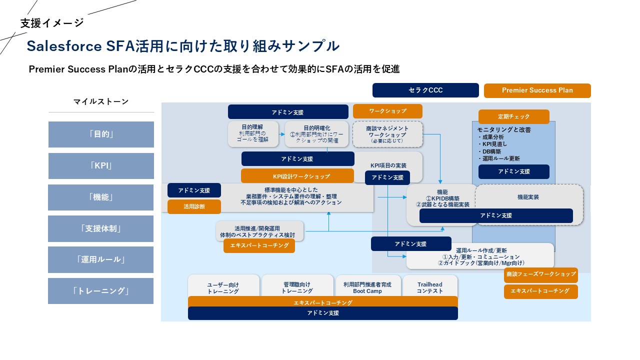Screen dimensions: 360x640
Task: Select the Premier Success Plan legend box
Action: pyautogui.click(x=537, y=90)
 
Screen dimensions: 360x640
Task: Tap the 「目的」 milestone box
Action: pyautogui.click(x=101, y=134)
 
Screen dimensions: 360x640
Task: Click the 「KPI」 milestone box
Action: pyautogui.click(x=101, y=166)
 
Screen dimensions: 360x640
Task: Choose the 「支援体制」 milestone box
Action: pyautogui.click(x=101, y=228)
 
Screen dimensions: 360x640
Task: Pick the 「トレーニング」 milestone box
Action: pyautogui.click(x=101, y=291)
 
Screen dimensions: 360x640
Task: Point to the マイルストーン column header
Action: pyautogui.click(x=101, y=102)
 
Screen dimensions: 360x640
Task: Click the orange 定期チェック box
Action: pyautogui.click(x=513, y=116)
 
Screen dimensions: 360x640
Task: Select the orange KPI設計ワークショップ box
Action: pyautogui.click(x=297, y=176)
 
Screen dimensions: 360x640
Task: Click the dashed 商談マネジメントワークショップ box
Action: pyautogui.click(x=387, y=134)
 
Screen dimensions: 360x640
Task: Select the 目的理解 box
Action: pyautogui.click(x=252, y=133)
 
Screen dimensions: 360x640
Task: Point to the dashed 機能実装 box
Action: pyautogui.click(x=528, y=197)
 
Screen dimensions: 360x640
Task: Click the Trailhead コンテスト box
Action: pyautogui.click(x=430, y=287)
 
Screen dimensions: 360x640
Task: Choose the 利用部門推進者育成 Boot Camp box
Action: pyautogui.click(x=367, y=287)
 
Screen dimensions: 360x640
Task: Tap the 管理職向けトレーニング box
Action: pyautogui.click(x=297, y=287)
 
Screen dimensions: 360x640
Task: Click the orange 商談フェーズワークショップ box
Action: pyautogui.click(x=540, y=274)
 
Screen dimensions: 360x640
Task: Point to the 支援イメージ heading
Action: pyautogui.click(x=52, y=23)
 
